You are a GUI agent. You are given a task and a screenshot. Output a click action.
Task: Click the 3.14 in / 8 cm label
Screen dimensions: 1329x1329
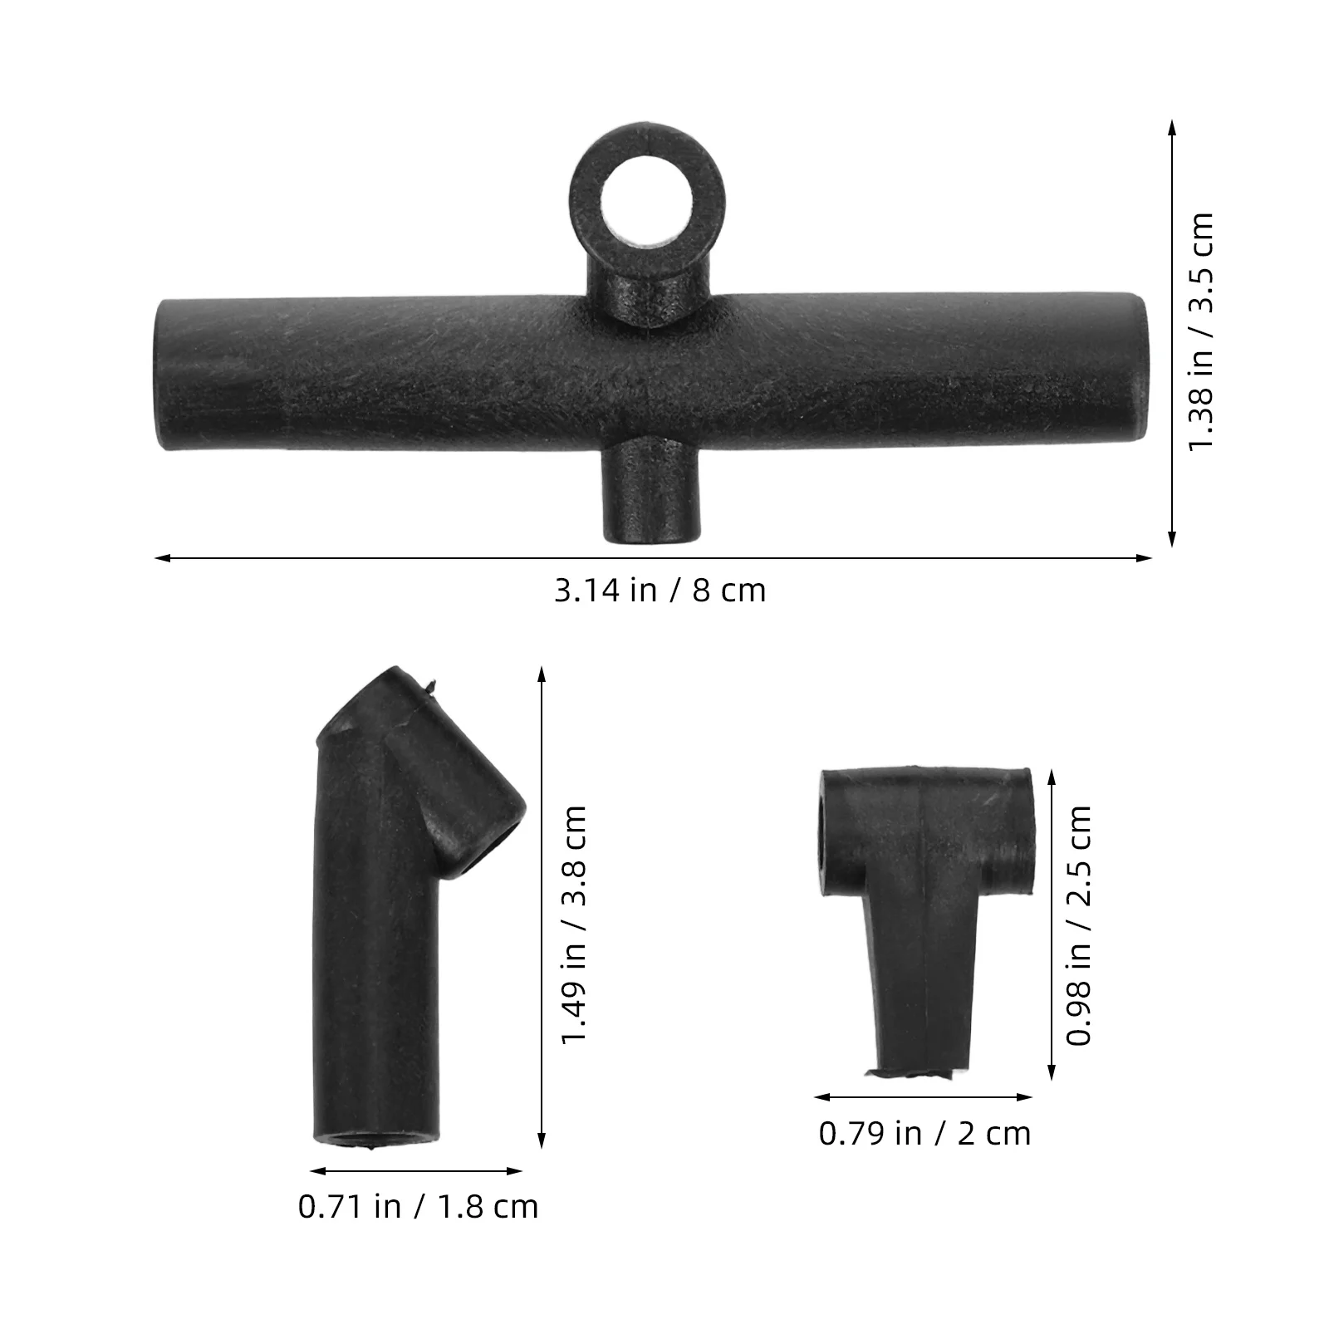660,591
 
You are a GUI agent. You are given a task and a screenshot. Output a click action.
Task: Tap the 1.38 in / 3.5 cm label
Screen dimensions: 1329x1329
1201,331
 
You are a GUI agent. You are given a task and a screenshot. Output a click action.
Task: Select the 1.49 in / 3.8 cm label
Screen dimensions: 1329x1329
574,924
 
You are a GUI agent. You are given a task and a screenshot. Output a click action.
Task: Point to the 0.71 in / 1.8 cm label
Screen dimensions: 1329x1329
418,1206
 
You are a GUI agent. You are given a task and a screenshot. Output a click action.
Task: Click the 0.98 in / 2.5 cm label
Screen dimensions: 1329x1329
1079,924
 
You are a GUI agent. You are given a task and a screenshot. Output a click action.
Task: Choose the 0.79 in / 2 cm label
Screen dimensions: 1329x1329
924,1133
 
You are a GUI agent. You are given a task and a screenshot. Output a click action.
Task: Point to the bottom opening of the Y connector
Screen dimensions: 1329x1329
375,1137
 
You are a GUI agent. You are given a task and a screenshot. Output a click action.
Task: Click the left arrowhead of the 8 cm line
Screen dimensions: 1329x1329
159,558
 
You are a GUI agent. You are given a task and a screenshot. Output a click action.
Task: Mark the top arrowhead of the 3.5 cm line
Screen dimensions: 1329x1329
1172,125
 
